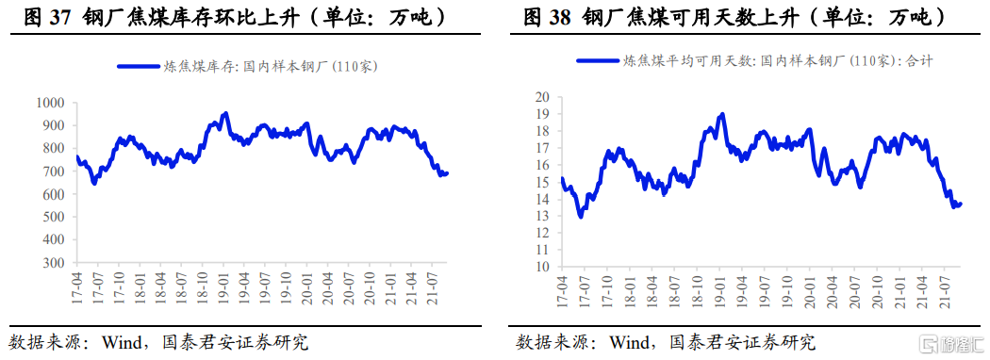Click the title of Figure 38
click(732, 17)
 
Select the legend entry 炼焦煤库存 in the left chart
click(250, 66)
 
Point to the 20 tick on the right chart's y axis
click(542, 97)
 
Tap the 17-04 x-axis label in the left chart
click(76, 286)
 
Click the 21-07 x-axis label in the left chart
click(432, 286)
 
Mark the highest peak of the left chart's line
click(224, 113)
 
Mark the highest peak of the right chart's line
click(721, 114)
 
